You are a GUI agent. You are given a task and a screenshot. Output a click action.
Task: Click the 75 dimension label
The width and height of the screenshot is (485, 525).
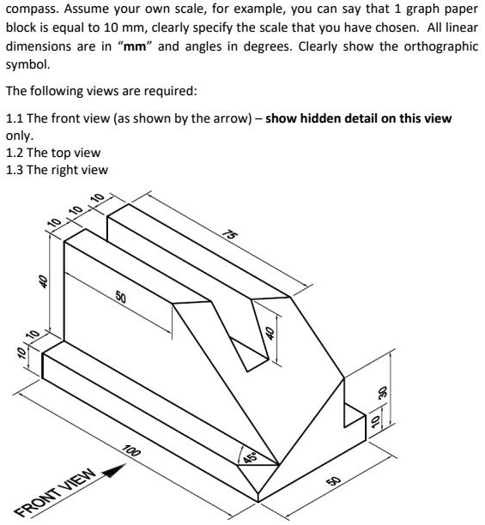(x=230, y=234)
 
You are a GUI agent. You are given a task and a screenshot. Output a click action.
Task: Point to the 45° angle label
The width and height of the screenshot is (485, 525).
(x=251, y=456)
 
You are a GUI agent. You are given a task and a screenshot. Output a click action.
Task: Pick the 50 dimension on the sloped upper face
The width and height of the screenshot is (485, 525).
(x=121, y=299)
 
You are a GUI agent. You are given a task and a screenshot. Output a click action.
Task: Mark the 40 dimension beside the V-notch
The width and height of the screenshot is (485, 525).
(x=269, y=334)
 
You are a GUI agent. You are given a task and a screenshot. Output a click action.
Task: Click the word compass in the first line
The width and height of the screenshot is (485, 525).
(x=34, y=9)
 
